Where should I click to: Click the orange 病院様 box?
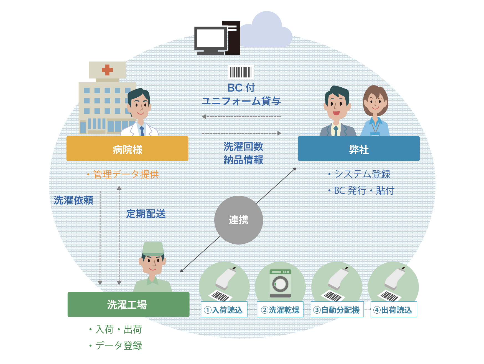pyautogui.click(x=127, y=149)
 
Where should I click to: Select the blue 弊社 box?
pyautogui.click(x=359, y=149)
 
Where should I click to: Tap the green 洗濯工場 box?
pyautogui.click(x=128, y=305)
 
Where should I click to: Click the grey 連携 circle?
pyautogui.click(x=239, y=220)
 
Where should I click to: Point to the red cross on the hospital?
pyautogui.click(x=107, y=70)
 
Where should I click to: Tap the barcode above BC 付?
pyautogui.click(x=241, y=72)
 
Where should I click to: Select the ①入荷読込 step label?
pyautogui.click(x=224, y=310)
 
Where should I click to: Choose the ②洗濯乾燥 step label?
pyautogui.click(x=280, y=310)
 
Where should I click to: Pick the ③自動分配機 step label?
pyautogui.click(x=337, y=310)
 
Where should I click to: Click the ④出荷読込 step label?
pyautogui.click(x=393, y=310)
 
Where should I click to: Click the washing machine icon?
pyautogui.click(x=280, y=284)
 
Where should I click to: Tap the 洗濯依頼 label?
pyautogui.click(x=73, y=200)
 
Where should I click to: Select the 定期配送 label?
pyautogui.click(x=146, y=214)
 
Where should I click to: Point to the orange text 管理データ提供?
pyautogui.click(x=126, y=175)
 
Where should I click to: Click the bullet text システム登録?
pyautogui.click(x=362, y=174)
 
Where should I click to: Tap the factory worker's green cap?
pyautogui.click(x=153, y=248)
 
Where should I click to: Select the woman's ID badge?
pyautogui.click(x=375, y=134)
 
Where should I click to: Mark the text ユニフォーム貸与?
pyautogui.click(x=241, y=101)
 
